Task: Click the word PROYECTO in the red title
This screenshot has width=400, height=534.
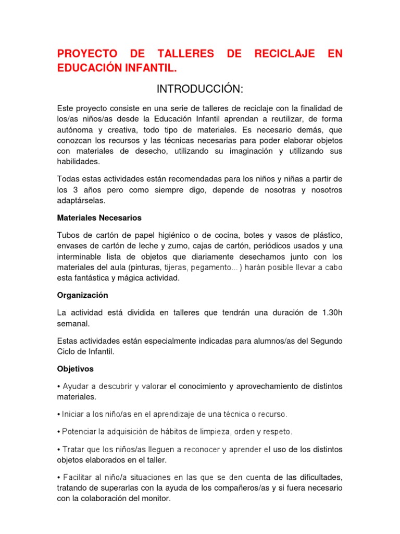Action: pyautogui.click(x=86, y=54)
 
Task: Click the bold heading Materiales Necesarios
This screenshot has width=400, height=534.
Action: pyautogui.click(x=99, y=217)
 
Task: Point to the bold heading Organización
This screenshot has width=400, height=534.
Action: pyautogui.click(x=82, y=295)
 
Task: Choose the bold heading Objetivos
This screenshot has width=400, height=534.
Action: pyautogui.click(x=75, y=369)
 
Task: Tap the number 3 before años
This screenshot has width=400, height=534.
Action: pyautogui.click(x=74, y=190)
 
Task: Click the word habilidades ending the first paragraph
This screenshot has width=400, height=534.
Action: pyautogui.click(x=78, y=162)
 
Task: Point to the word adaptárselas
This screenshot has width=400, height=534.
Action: pyautogui.click(x=81, y=200)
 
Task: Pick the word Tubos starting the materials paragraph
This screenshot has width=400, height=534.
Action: pyautogui.click(x=68, y=236)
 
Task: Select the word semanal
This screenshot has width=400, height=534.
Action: pyautogui.click(x=73, y=323)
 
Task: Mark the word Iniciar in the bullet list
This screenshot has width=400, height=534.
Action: pyautogui.click(x=75, y=415)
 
